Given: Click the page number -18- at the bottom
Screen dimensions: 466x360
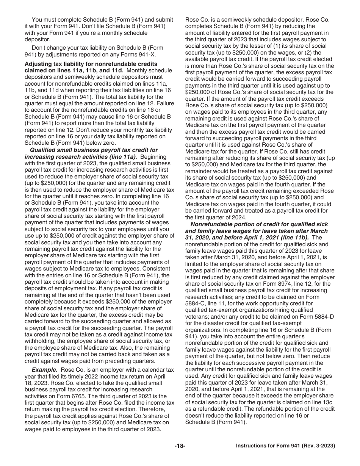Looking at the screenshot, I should (x=180, y=446).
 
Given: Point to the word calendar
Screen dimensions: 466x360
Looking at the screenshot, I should (x=151, y=370).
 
